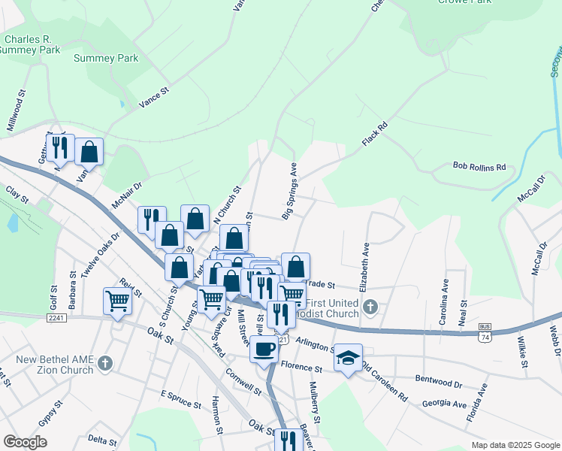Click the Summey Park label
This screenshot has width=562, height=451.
pos(104,58)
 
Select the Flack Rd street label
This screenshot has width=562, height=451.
pos(373,135)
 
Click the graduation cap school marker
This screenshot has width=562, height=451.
pos(348,357)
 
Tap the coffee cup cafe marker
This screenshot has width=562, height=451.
pos(264,348)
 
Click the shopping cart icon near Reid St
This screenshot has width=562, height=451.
pos(118,301)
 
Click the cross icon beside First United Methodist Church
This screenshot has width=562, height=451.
pos(369,307)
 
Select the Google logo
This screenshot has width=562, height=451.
pos(26,442)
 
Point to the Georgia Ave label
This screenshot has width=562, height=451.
pos(443,404)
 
